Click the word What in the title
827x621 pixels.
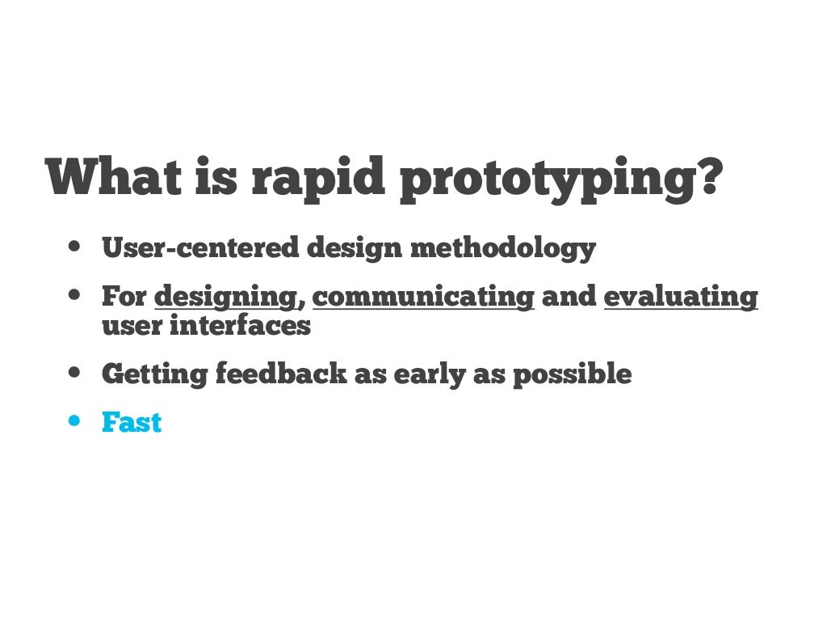114,176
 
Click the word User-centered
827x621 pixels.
200,247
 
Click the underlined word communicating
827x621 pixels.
423,297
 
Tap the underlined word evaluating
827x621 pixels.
681,297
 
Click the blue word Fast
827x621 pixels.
132,422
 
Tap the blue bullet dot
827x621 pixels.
75,421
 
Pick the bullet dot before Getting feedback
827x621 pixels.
75,374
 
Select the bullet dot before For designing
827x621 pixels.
75,296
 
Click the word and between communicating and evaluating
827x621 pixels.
569,297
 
